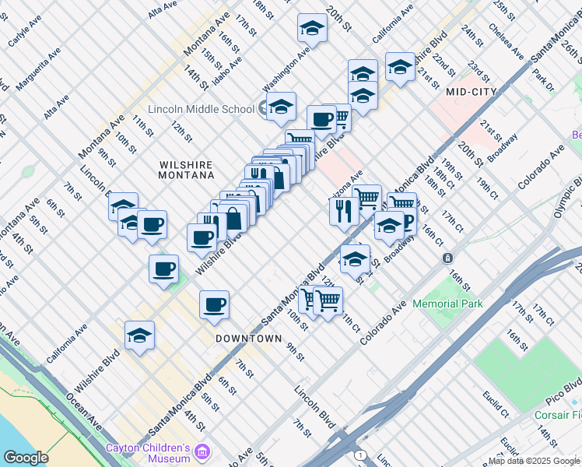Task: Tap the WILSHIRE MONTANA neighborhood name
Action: (186, 170)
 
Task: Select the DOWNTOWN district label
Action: (248, 339)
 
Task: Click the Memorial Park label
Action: (447, 304)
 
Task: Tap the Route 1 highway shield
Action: (359, 454)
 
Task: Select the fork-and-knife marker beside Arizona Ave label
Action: (343, 209)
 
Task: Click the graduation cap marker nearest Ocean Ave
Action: (139, 335)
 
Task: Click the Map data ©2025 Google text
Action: (534, 461)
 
